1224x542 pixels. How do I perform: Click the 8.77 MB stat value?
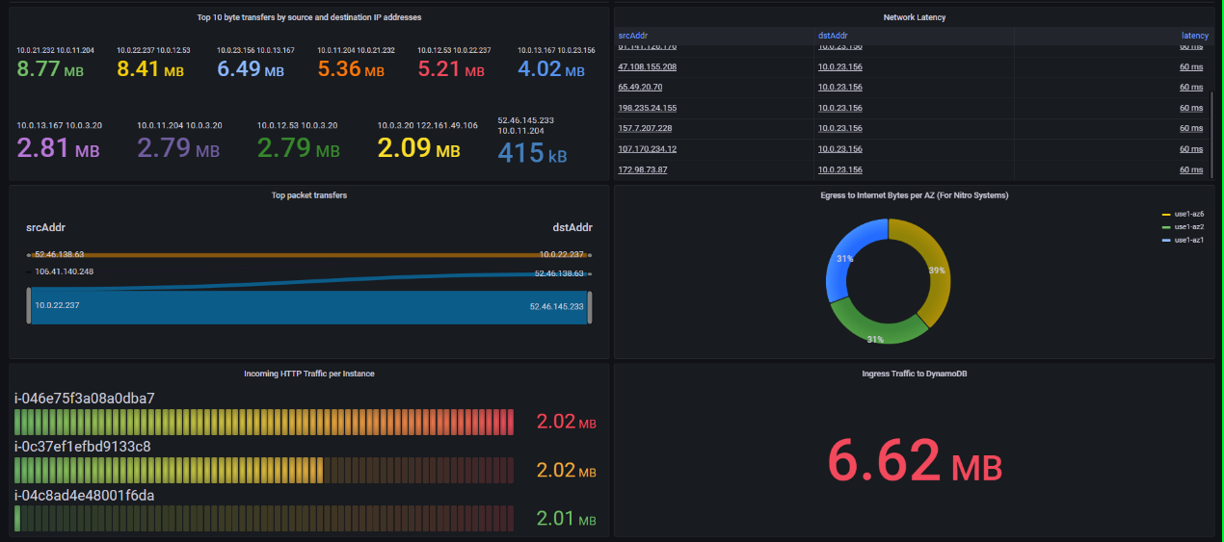pyautogui.click(x=56, y=70)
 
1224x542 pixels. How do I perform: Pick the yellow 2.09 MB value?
pyautogui.click(x=418, y=149)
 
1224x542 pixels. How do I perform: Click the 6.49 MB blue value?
pyautogui.click(x=250, y=70)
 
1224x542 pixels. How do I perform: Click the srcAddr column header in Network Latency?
pyautogui.click(x=631, y=36)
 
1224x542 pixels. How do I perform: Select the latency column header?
pyautogui.click(x=1194, y=36)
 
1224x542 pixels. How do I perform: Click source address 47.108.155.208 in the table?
pyautogui.click(x=647, y=66)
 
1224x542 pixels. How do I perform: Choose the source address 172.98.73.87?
pyautogui.click(x=642, y=169)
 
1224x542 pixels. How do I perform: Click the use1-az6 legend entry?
pyautogui.click(x=1187, y=214)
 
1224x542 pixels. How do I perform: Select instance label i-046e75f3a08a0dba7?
pyautogui.click(x=85, y=398)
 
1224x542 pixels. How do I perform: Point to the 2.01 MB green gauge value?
pyautogui.click(x=566, y=520)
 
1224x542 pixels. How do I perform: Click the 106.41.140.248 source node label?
pyautogui.click(x=65, y=271)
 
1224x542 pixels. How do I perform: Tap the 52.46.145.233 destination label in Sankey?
pyautogui.click(x=556, y=306)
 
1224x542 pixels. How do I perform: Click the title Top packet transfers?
pyautogui.click(x=309, y=195)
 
